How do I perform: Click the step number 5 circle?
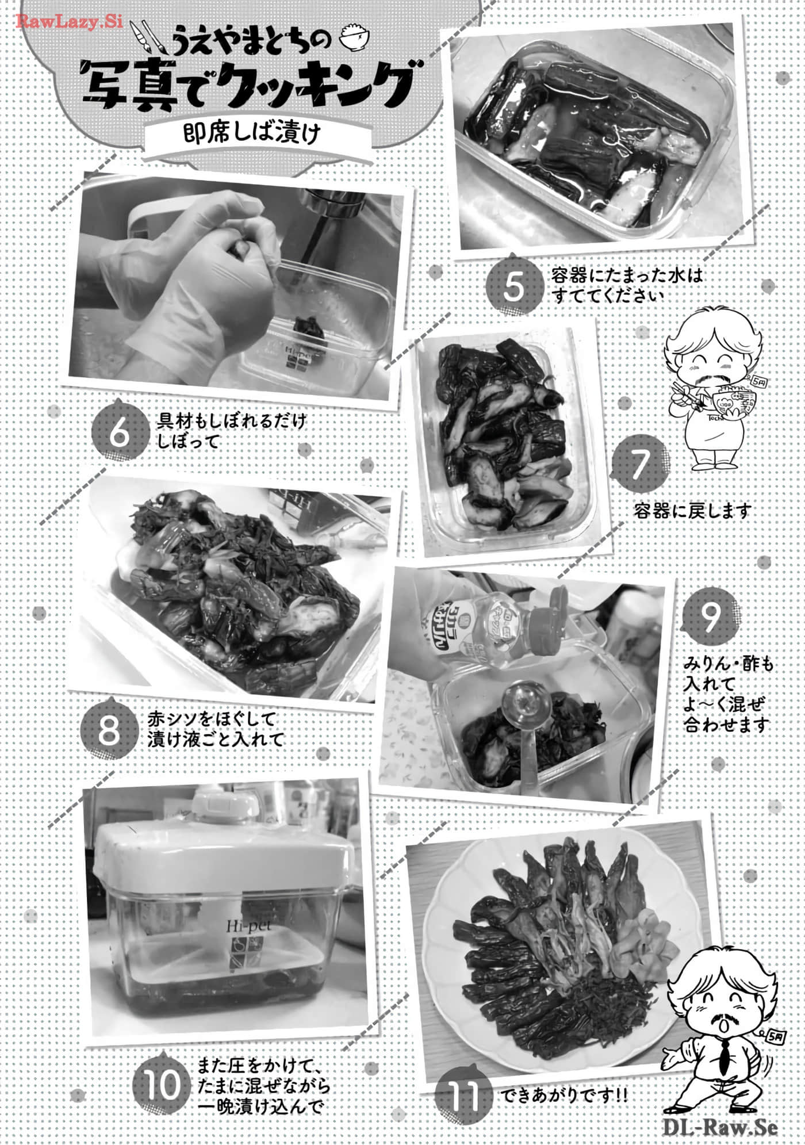(513, 286)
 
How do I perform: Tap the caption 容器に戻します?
(692, 511)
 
